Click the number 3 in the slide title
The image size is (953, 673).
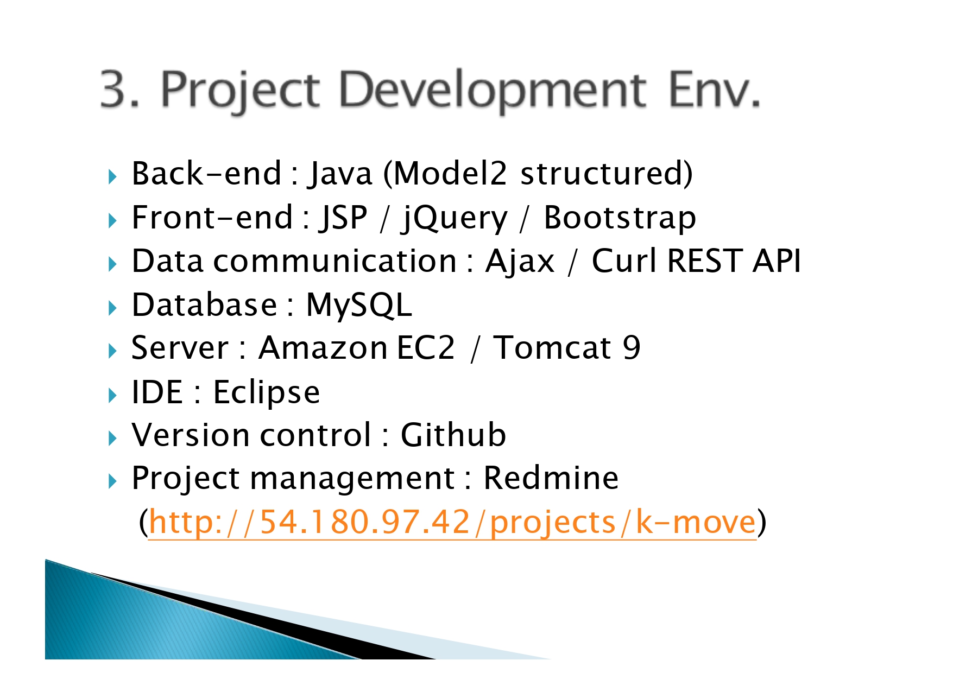click(x=118, y=89)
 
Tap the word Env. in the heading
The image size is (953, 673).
click(x=714, y=89)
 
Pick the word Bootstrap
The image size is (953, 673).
click(x=620, y=218)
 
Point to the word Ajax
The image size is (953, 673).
click(x=520, y=262)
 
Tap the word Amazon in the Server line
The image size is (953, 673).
click(x=323, y=347)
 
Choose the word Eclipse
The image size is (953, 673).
click(x=266, y=392)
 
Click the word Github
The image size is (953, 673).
click(x=453, y=435)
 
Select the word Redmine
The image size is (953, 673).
click(x=551, y=478)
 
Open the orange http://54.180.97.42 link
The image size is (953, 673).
click(x=452, y=523)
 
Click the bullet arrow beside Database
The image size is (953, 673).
click(x=112, y=308)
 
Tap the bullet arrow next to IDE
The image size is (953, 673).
click(x=112, y=395)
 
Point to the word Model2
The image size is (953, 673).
click(x=450, y=174)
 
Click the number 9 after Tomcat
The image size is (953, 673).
click(x=631, y=347)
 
